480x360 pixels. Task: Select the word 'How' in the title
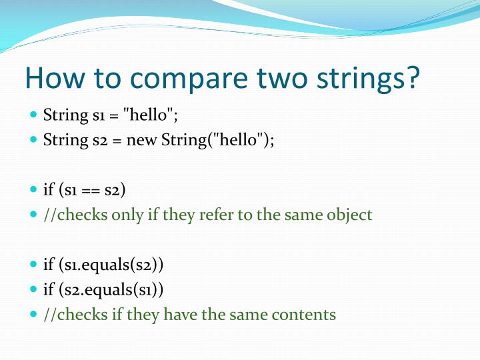coord(51,79)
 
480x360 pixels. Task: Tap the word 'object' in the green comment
coord(349,215)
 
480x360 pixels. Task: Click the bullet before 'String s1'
coord(34,115)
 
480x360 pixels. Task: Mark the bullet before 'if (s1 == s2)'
coord(34,190)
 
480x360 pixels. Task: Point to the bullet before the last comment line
coord(34,314)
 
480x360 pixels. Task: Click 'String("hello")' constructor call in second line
coord(217,141)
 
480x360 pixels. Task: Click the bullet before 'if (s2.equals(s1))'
coord(34,289)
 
